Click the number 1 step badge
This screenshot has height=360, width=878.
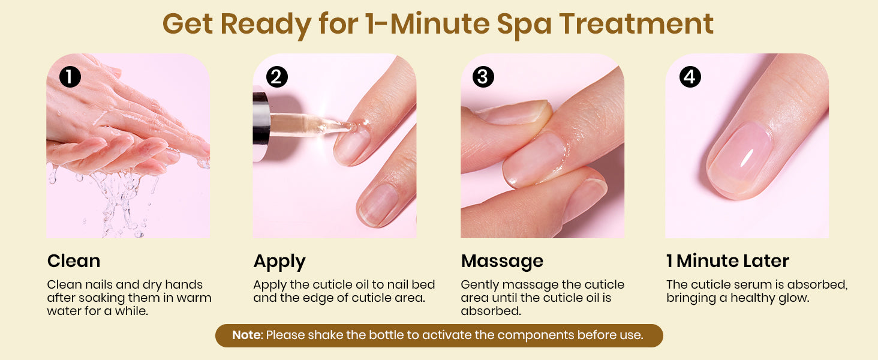click(70, 76)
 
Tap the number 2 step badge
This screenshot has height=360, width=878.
click(276, 76)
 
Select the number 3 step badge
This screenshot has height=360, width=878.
click(483, 76)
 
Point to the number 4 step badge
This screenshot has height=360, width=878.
click(690, 76)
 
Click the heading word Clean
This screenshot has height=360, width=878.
click(74, 261)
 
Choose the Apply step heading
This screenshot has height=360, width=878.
click(279, 262)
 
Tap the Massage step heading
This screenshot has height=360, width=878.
click(502, 262)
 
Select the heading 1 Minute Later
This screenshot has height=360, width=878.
click(728, 261)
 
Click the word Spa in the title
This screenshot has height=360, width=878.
click(524, 25)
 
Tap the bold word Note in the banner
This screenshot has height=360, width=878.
click(246, 335)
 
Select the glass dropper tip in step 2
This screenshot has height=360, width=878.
click(350, 126)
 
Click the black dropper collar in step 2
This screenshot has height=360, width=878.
click(261, 118)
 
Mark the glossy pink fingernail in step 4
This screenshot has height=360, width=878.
click(739, 159)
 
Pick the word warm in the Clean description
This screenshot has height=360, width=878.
click(194, 298)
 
